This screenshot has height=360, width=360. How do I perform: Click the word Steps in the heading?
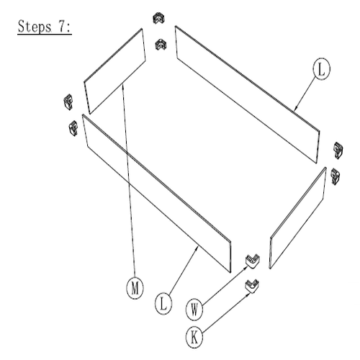pos(35,27)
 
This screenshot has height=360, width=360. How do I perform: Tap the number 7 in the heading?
pos(61,27)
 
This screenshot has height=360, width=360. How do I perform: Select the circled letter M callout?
pos(135,288)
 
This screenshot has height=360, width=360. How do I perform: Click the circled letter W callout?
pos(194,310)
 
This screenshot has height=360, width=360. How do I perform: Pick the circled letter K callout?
pos(194,338)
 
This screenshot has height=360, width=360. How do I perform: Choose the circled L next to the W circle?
pos(163,304)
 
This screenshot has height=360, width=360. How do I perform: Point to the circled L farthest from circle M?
pos(321,68)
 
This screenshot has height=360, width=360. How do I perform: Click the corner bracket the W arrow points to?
pos(251,261)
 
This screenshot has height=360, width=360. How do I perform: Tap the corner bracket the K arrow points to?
pos(251,286)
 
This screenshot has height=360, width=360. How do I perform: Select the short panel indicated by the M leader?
pos(114,71)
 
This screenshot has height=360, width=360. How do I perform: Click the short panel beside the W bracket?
pos(298,217)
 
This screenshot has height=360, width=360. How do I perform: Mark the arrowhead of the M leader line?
pos(123,86)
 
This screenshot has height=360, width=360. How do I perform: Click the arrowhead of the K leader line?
pos(249,294)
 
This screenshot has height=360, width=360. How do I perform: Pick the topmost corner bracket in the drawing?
pos(158,18)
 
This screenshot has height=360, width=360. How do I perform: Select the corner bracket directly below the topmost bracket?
pos(161,45)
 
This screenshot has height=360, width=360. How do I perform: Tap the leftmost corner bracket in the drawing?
pos(68,102)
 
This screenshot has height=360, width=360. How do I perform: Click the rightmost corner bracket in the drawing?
pos(338,150)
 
